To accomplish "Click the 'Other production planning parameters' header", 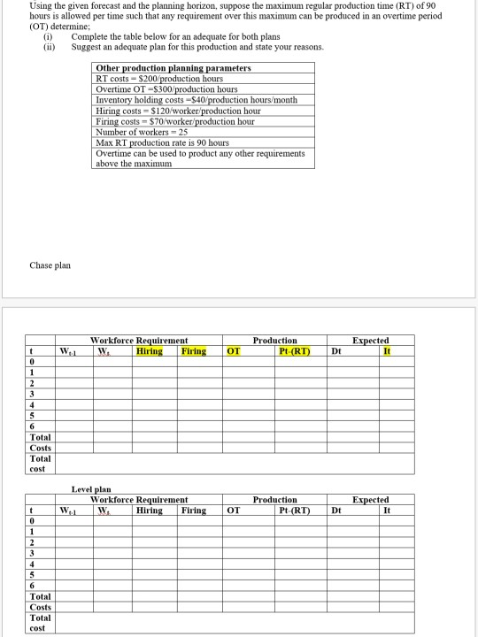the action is (173, 68).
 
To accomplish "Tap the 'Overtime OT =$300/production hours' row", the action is (166, 89).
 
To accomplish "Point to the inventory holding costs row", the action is (184, 100).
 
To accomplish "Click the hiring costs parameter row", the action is (178, 111).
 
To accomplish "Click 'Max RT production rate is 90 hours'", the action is (162, 142).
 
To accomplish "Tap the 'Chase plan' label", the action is (50, 265).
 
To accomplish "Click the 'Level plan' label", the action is (91, 489).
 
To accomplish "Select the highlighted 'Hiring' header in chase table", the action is (150, 351).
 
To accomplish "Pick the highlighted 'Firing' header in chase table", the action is (194, 351).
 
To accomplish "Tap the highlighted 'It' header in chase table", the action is (386, 351).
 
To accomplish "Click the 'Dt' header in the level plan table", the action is (336, 510).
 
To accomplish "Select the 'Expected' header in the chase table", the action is (370, 341).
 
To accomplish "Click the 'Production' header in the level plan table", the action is (275, 500).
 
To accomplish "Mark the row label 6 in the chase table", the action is (32, 426).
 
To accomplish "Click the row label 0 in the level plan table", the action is (32, 521).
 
